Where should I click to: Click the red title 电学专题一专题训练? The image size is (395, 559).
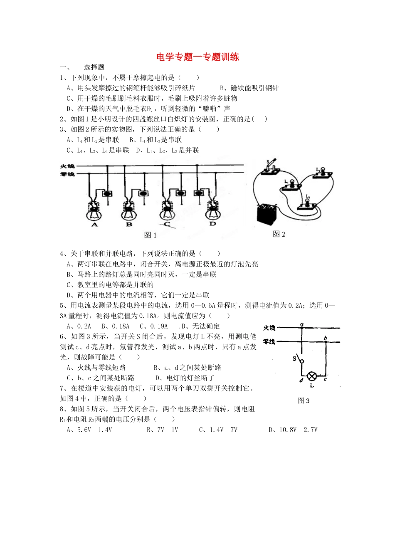pyautogui.click(x=197, y=57)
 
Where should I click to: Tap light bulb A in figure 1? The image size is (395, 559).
pyautogui.click(x=94, y=214)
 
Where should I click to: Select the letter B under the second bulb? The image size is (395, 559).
pyautogui.click(x=129, y=224)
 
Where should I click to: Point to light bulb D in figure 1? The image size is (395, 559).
pyautogui.click(x=213, y=214)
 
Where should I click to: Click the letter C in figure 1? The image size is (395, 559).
pyautogui.click(x=167, y=224)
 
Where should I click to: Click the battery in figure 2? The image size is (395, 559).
pyautogui.click(x=267, y=214)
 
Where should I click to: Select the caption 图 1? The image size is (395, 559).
pyautogui.click(x=150, y=235)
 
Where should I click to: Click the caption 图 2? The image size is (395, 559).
pyautogui.click(x=279, y=234)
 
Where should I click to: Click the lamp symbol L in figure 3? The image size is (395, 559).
pyautogui.click(x=312, y=376)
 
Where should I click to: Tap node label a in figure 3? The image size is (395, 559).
pyautogui.click(x=302, y=324)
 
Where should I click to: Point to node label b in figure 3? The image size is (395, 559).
pyautogui.click(x=326, y=338)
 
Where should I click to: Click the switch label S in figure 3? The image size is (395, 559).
pyautogui.click(x=294, y=359)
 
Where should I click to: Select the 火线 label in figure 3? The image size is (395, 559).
pyautogui.click(x=269, y=328)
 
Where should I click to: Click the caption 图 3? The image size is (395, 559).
pyautogui.click(x=304, y=401)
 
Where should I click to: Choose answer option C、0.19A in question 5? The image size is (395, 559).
pyautogui.click(x=154, y=326)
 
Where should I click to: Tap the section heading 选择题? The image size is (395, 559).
pyautogui.click(x=94, y=67)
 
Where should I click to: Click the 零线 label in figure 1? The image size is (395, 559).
pyautogui.click(x=67, y=174)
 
